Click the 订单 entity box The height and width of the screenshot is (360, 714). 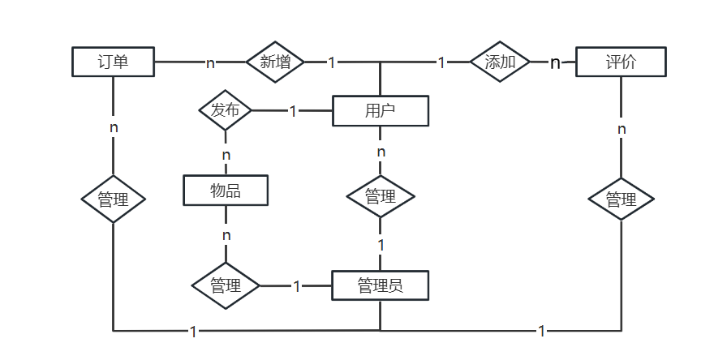pyautogui.click(x=113, y=62)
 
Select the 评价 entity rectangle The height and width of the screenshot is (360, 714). pyautogui.click(x=622, y=62)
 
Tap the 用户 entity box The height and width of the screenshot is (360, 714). pyautogui.click(x=381, y=110)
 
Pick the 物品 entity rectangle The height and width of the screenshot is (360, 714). pyautogui.click(x=226, y=191)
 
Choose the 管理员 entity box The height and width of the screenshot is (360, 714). pyautogui.click(x=381, y=285)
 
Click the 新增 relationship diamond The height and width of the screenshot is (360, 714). pyautogui.click(x=275, y=62)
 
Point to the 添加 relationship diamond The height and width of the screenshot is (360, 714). pyautogui.click(x=500, y=62)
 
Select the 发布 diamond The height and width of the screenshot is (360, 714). pyautogui.click(x=226, y=110)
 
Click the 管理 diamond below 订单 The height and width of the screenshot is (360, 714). pyautogui.click(x=113, y=199)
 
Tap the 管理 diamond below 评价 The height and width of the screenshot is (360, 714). pyautogui.click(x=622, y=199)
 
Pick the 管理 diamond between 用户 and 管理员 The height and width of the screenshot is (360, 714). pyautogui.click(x=381, y=196)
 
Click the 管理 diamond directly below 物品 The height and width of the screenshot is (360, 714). pyautogui.click(x=226, y=286)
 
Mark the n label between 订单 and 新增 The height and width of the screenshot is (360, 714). pyautogui.click(x=210, y=62)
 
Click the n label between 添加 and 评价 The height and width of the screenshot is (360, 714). pyautogui.click(x=555, y=62)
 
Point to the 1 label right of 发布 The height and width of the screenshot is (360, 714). pyautogui.click(x=293, y=110)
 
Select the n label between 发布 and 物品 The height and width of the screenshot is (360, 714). pyautogui.click(x=226, y=155)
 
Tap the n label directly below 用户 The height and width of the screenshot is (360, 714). pyautogui.click(x=381, y=152)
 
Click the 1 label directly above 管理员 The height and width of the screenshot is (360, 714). pyautogui.click(x=381, y=246)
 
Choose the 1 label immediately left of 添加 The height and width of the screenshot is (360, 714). pyautogui.click(x=441, y=62)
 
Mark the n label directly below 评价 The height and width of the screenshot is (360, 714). pyautogui.click(x=622, y=129)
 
